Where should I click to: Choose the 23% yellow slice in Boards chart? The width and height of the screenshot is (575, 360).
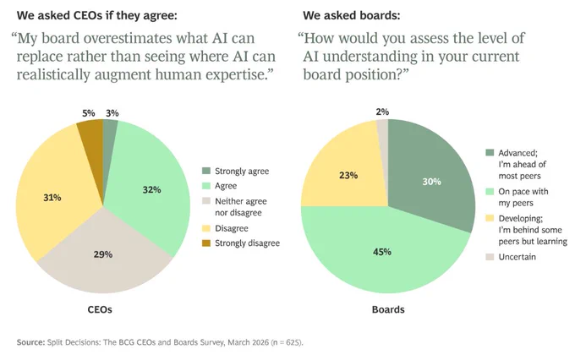[x=345, y=172]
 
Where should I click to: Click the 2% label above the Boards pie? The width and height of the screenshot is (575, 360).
[x=382, y=112]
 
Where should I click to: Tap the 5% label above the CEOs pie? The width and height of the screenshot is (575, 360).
[x=89, y=113]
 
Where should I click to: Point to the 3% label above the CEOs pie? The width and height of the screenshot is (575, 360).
[x=112, y=113]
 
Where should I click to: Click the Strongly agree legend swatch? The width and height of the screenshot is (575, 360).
[x=206, y=171]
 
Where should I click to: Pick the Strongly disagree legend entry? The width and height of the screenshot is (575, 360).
[x=241, y=243]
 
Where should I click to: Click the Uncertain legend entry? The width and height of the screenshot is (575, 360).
[x=511, y=257]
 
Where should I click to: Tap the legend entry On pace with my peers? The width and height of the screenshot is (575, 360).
[x=517, y=197]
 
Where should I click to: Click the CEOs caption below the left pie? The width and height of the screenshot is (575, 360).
[x=100, y=309]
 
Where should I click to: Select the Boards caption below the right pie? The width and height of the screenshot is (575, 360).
[x=388, y=309]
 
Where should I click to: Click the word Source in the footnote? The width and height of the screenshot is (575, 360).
[x=30, y=342]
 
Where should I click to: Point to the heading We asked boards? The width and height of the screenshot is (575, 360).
[x=351, y=15]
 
